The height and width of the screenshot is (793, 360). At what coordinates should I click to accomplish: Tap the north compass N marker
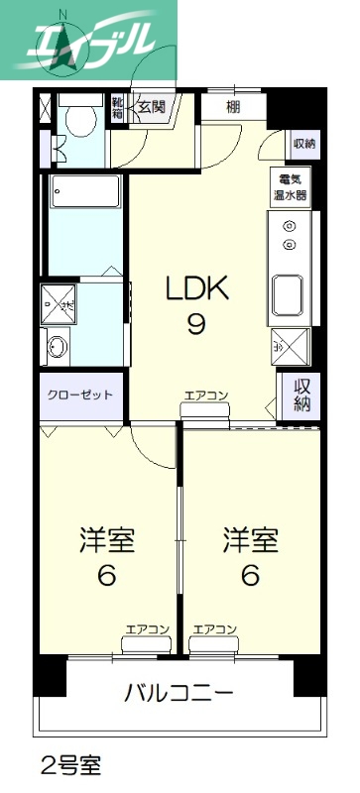[x=63, y=14]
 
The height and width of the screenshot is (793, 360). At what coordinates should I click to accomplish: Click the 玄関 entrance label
[x=152, y=106]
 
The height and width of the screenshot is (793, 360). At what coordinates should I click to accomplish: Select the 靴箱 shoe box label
[x=117, y=107]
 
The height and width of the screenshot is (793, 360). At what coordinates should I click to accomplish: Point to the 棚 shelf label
[x=233, y=106]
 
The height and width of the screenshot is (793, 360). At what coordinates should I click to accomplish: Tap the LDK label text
[x=196, y=289]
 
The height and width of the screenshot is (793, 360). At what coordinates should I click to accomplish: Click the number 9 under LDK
[x=196, y=324]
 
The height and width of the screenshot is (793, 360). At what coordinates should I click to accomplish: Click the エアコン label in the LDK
[x=206, y=396]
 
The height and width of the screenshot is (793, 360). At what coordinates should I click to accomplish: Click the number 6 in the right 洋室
[x=250, y=576]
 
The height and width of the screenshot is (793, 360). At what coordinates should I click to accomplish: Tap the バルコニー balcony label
[x=179, y=691]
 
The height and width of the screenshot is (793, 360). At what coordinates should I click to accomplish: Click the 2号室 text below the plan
[x=69, y=765]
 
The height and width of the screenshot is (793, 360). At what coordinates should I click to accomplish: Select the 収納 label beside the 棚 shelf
[x=303, y=144]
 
